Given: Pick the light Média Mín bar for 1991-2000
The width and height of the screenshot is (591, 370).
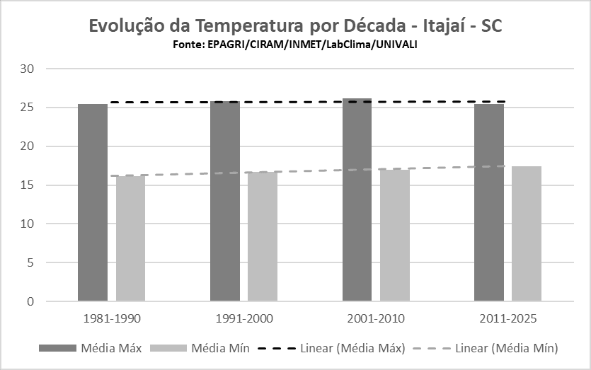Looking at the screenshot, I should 262,237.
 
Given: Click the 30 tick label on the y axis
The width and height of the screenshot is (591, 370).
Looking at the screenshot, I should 28,69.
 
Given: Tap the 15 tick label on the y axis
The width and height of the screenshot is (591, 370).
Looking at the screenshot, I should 28,185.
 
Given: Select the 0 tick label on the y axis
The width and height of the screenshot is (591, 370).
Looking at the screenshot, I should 30,301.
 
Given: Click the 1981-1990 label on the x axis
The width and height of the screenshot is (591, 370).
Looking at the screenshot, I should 112,319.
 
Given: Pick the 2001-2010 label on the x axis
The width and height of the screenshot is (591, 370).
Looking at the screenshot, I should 376,319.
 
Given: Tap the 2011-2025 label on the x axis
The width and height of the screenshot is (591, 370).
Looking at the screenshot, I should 507,319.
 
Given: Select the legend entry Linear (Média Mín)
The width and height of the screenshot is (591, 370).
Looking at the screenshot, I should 505,348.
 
